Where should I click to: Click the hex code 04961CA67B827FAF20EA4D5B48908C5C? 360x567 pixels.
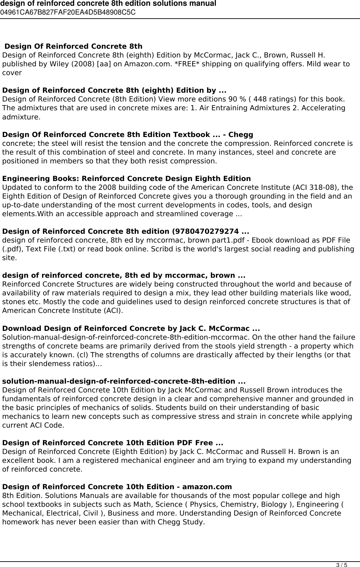coord(68,13)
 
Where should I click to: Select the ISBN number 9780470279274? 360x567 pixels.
coord(208,231)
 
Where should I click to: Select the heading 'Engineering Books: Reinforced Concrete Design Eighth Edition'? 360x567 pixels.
coord(127,179)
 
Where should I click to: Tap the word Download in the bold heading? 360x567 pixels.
coord(22,328)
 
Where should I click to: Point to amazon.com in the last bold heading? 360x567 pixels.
coord(207,487)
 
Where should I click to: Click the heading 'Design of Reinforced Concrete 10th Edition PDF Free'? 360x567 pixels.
coord(112,443)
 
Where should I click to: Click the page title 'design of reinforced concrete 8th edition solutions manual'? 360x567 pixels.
coord(108,4)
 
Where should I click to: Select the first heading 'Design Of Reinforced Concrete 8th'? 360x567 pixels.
coord(73,46)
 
